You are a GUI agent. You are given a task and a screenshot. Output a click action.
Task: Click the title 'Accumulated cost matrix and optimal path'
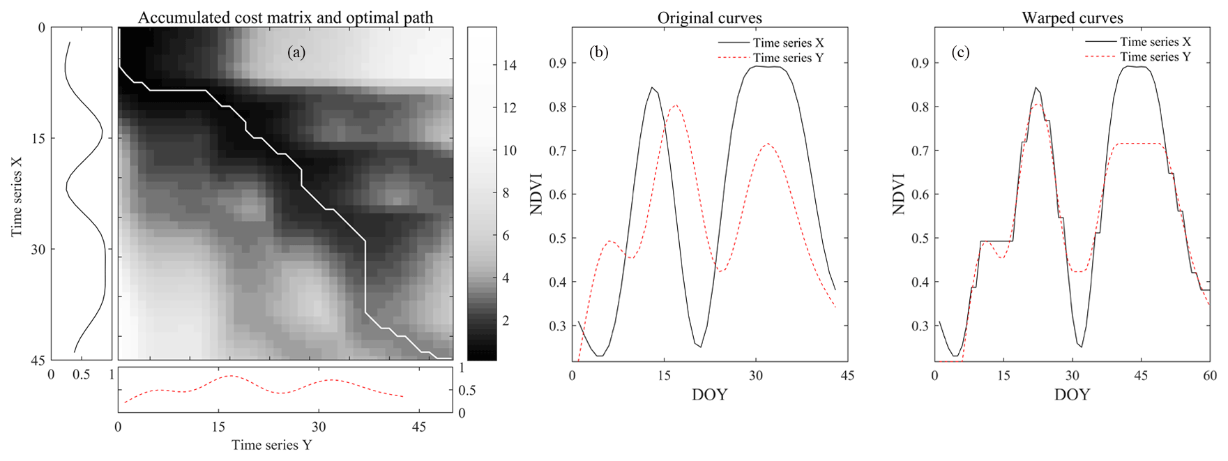pyautogui.click(x=285, y=17)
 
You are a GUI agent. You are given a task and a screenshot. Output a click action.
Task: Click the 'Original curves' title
pyautogui.click(x=709, y=17)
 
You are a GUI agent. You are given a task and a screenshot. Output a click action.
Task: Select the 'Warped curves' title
pyautogui.click(x=1072, y=17)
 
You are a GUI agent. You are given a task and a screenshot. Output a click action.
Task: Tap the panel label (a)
pyautogui.click(x=296, y=52)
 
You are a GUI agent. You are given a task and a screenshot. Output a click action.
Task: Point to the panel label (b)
pyautogui.click(x=598, y=52)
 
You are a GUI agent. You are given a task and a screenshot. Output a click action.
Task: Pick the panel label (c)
pyautogui.click(x=961, y=52)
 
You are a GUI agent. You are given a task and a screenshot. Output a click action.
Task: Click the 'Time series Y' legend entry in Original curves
pyautogui.click(x=788, y=58)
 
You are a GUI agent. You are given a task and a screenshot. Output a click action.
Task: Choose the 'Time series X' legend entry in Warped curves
pyautogui.click(x=1155, y=42)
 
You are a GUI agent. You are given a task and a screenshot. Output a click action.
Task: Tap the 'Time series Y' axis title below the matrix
pyautogui.click(x=271, y=445)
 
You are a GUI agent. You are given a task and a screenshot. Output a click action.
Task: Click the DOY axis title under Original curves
pyautogui.click(x=709, y=395)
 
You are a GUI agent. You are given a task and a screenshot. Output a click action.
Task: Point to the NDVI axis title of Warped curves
pyautogui.click(x=899, y=193)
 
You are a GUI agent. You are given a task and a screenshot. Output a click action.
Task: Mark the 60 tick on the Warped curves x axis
pyautogui.click(x=1210, y=375)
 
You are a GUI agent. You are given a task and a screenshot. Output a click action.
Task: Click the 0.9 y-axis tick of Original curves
pyautogui.click(x=557, y=63)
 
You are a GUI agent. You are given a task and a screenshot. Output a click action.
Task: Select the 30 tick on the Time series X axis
pyautogui.click(x=38, y=250)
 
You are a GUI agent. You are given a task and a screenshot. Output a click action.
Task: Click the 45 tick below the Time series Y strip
pyautogui.click(x=418, y=426)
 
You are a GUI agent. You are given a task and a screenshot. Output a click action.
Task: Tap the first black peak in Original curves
pyautogui.click(x=652, y=88)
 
